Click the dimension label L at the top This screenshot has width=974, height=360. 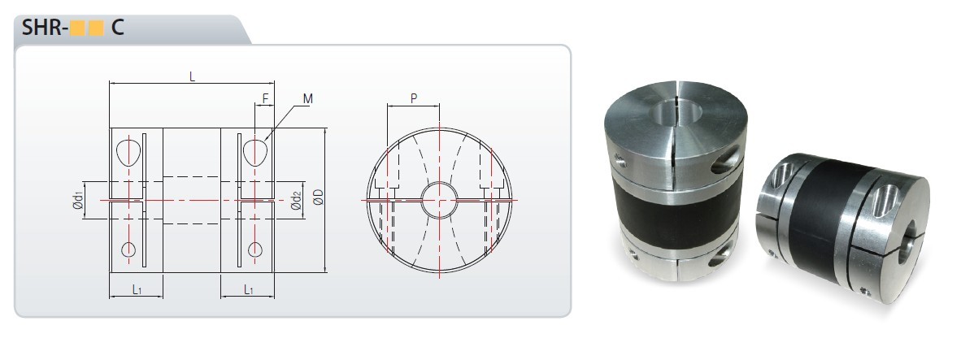click(192, 77)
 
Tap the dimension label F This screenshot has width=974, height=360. click(265, 98)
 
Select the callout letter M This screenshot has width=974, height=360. click(308, 98)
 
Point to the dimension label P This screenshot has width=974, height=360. click(414, 98)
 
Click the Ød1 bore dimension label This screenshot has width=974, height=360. click(78, 201)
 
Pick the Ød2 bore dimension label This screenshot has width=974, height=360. click(296, 201)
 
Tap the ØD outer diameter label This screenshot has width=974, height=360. click(318, 197)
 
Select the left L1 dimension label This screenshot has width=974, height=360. click(137, 289)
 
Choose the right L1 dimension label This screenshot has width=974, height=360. click(248, 289)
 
